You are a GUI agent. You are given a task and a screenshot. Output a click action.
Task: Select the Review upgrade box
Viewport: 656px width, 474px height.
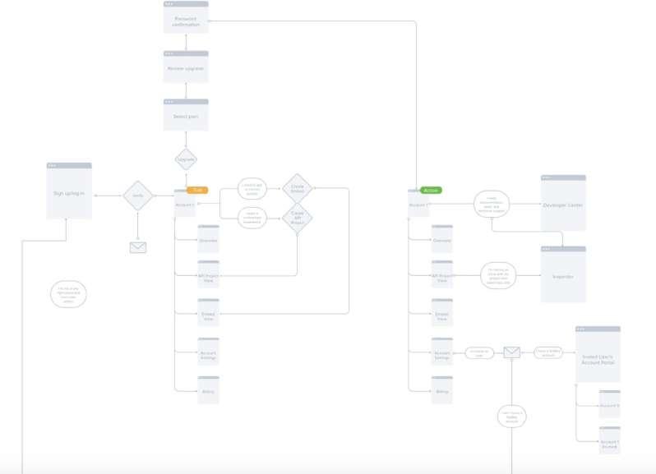[186, 67]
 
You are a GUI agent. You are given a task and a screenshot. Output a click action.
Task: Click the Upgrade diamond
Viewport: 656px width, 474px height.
[186, 159]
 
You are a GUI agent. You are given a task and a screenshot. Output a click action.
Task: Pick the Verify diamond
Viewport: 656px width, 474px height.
[138, 196]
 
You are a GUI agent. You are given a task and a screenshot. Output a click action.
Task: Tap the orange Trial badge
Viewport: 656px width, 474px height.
[197, 190]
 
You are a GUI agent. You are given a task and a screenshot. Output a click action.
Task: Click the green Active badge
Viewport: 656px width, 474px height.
[431, 190]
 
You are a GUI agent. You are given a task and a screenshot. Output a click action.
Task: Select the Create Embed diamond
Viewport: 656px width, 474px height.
[297, 189]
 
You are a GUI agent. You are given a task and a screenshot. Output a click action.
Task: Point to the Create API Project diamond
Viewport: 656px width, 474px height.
[297, 219]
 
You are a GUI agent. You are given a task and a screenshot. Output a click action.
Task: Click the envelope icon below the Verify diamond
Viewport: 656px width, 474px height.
[138, 247]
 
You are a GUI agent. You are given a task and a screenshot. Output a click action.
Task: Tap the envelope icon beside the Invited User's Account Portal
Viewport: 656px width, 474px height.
[511, 352]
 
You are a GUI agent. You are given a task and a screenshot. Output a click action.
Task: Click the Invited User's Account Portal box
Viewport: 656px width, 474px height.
[598, 354]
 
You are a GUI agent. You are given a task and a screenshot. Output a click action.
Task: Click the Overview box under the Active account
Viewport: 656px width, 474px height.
[442, 239]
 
